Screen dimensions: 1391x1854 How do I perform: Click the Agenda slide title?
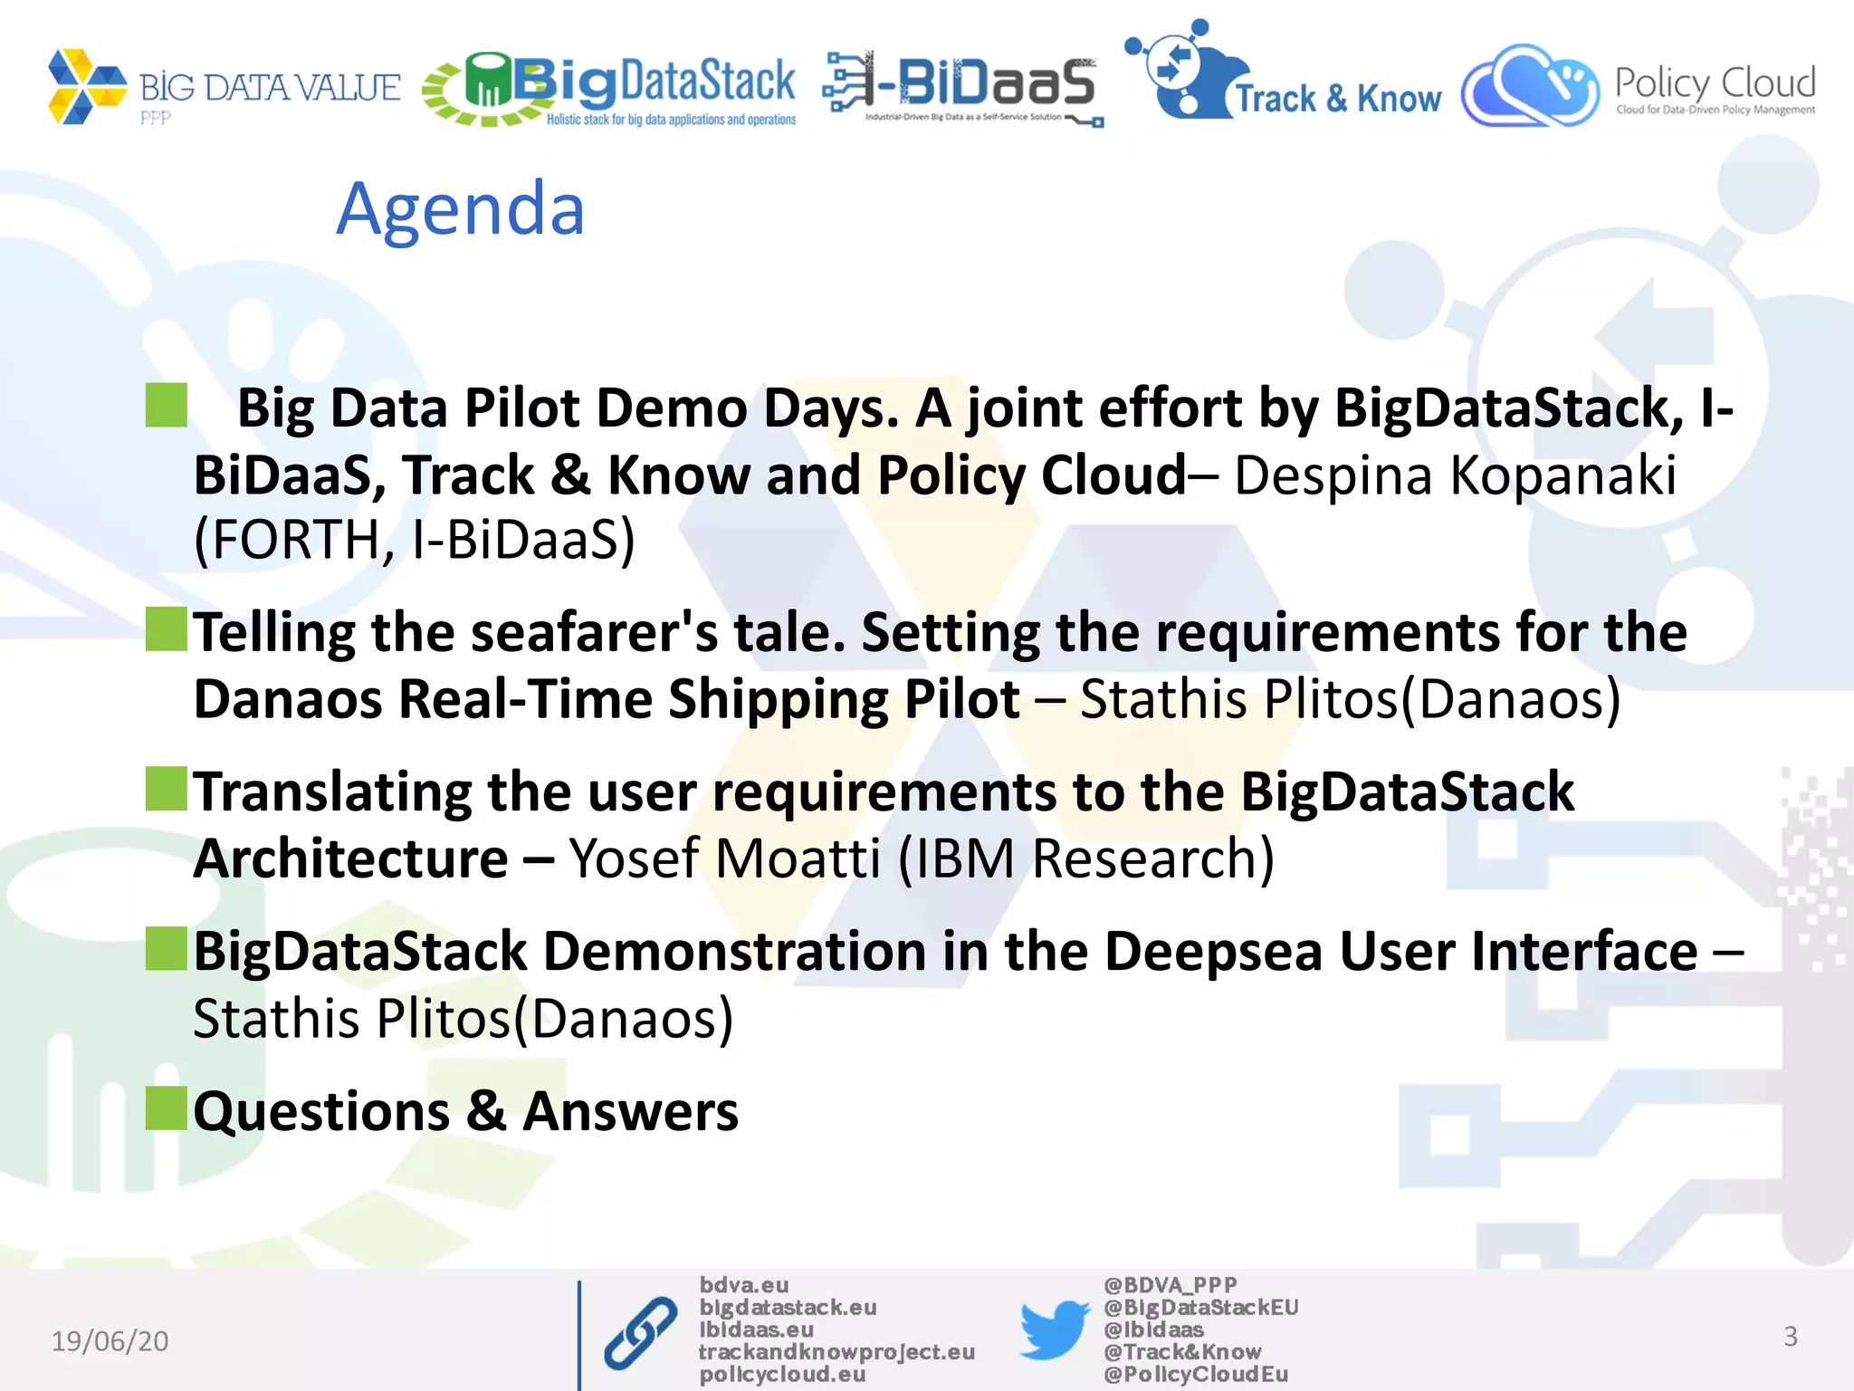tap(460, 209)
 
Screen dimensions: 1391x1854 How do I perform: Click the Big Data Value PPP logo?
tap(223, 87)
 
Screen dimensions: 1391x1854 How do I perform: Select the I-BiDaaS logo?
tap(962, 88)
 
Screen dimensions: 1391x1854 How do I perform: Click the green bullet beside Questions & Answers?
tap(166, 1108)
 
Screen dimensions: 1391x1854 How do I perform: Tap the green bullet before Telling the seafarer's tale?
tap(166, 629)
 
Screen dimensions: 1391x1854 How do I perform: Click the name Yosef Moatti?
tap(724, 858)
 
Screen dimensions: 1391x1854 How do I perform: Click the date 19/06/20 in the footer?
tap(110, 1340)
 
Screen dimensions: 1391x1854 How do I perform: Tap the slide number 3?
tap(1790, 1337)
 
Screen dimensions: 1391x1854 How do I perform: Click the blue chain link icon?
tap(640, 1333)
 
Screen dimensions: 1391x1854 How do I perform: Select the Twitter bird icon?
tap(1054, 1329)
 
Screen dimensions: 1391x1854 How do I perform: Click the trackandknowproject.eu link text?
tap(836, 1352)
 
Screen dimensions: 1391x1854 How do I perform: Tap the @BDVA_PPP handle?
tap(1170, 1285)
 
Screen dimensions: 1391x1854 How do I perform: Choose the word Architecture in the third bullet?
tap(351, 858)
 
